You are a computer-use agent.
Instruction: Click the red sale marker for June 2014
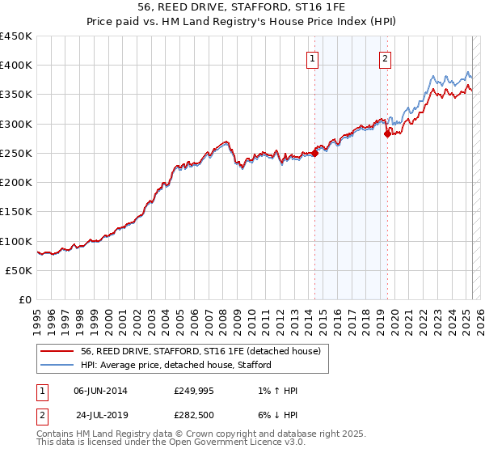[314, 154]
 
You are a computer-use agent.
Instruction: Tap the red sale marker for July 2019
[387, 134]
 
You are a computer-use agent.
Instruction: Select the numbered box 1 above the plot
[312, 57]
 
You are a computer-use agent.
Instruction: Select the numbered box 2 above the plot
[386, 57]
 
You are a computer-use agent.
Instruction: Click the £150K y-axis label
[15, 212]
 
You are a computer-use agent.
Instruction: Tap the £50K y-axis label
[19, 270]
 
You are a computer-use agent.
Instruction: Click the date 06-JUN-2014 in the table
[100, 391]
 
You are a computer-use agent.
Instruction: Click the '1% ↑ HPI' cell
[275, 391]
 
